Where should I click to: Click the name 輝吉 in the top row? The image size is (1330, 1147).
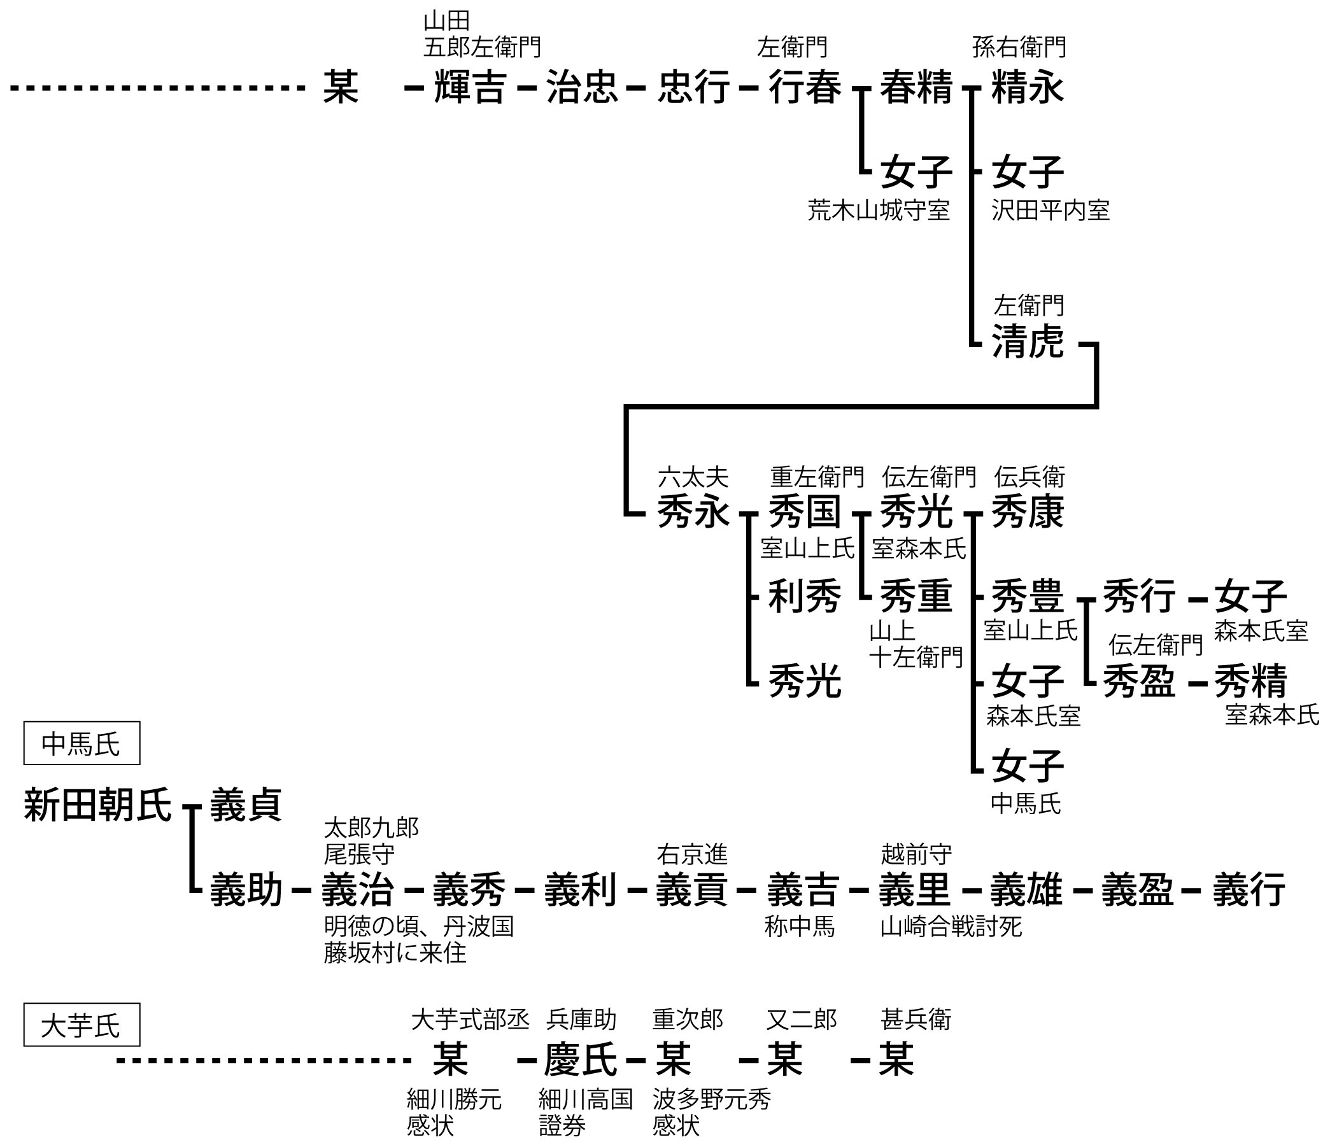(470, 87)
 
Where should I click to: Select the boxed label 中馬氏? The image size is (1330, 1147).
(81, 745)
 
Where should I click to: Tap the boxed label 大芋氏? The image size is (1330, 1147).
(81, 1025)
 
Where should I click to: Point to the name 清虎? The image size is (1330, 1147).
(1028, 341)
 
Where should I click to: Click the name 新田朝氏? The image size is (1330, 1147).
(97, 806)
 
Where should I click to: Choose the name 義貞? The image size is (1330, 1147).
(246, 806)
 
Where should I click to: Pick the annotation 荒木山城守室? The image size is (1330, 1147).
(878, 211)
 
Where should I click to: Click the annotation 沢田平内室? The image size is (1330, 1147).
(1050, 211)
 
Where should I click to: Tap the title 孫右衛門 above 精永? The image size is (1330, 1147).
(1019, 48)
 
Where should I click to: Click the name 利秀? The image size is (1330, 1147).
(804, 597)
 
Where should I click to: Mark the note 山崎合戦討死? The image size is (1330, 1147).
(951, 926)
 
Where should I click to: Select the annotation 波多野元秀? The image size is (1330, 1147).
(711, 1099)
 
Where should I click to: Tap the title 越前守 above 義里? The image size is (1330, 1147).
(916, 855)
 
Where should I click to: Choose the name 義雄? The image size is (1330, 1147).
(1026, 890)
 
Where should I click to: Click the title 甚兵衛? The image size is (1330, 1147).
(916, 1019)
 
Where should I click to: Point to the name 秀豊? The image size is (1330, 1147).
(1028, 597)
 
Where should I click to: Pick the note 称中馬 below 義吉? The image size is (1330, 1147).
(799, 926)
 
